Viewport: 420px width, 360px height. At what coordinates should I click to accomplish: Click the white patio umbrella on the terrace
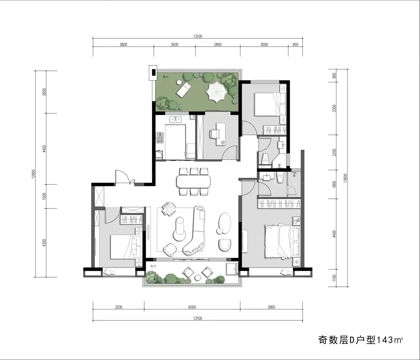217,92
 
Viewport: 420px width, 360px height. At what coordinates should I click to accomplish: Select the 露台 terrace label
166,77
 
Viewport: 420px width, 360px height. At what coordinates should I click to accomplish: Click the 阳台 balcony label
154,266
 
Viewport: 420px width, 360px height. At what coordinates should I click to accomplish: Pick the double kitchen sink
175,120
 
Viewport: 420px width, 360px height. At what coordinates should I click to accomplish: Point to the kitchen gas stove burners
160,138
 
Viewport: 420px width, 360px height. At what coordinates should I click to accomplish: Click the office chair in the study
214,134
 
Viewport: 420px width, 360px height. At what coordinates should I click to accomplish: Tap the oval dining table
193,181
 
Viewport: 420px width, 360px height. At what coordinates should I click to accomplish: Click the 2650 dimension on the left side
44,92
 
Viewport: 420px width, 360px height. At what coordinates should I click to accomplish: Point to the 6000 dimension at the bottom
192,307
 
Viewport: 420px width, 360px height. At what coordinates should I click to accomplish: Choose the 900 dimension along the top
295,45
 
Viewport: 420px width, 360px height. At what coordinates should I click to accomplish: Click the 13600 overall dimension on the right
345,178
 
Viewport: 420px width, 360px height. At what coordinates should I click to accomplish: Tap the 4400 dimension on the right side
334,234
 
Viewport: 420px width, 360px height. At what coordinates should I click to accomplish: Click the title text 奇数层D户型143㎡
360,340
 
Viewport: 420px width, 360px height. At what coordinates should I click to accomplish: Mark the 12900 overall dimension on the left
34,174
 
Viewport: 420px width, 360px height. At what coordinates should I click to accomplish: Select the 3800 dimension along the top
123,45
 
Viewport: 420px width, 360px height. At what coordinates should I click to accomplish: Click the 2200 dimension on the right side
334,152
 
